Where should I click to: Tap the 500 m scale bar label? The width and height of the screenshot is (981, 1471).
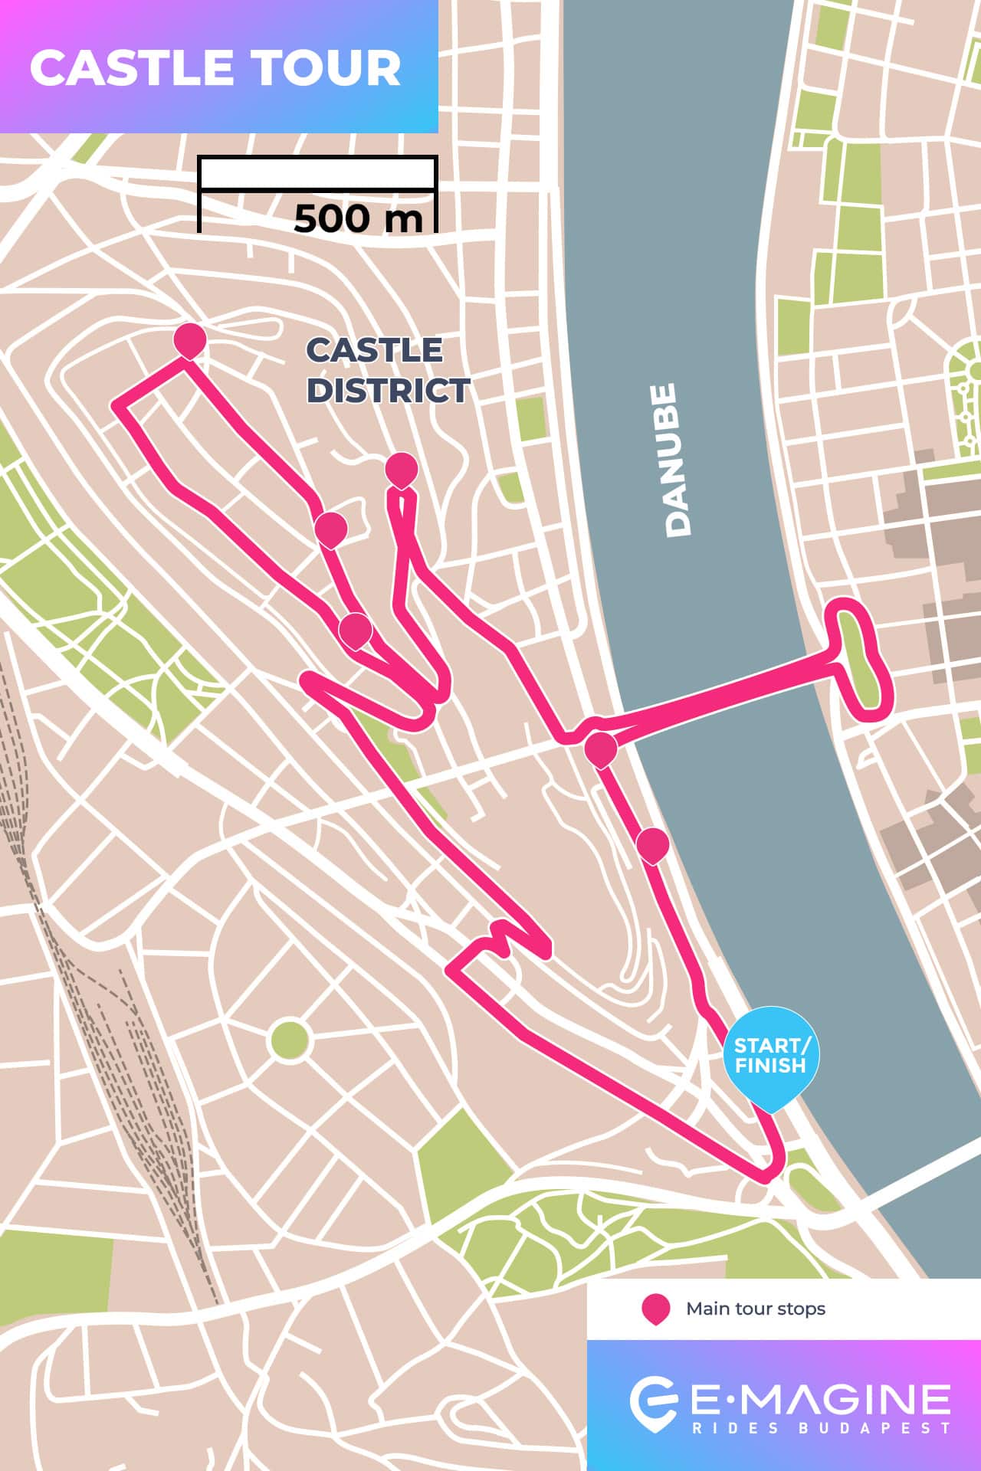[358, 218]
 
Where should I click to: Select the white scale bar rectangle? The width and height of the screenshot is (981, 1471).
[317, 173]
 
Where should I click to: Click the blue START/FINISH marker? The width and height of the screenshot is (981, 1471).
[771, 1056]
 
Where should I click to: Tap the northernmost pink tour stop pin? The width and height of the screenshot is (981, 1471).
[189, 339]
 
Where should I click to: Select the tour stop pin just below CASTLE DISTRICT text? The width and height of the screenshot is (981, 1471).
[402, 469]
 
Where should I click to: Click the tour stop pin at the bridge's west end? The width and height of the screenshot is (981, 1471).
[600, 749]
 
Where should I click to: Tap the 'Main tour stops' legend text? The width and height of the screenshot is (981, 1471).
[755, 1309]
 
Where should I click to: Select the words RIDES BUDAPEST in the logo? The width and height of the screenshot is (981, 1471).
[820, 1428]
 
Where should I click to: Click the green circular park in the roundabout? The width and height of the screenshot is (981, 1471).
[290, 1040]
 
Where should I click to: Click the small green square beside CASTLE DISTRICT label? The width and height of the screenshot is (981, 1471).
[531, 419]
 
